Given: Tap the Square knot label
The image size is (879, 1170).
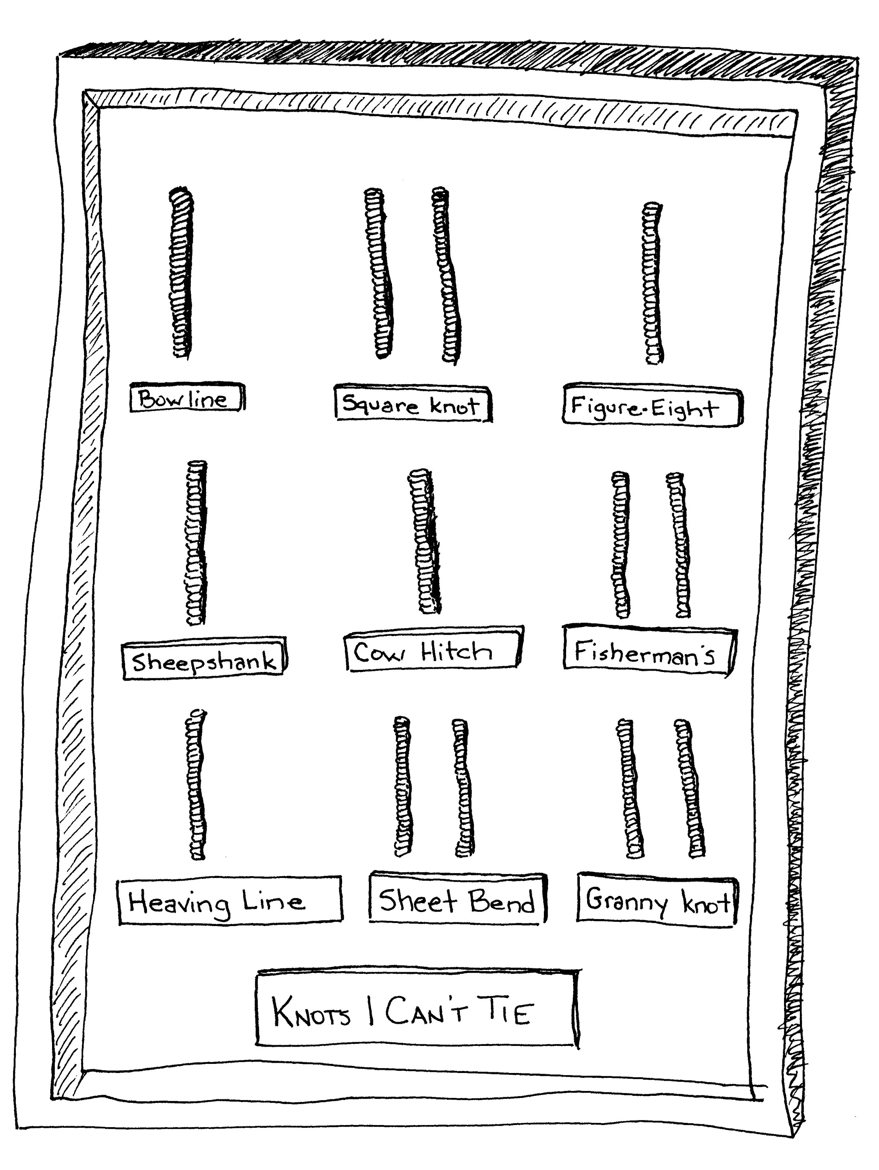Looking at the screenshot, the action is pyautogui.click(x=413, y=404).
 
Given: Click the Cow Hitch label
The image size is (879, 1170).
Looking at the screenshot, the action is pyautogui.click(x=431, y=651).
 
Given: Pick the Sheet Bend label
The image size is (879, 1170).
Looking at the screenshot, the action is pyautogui.click(x=457, y=900).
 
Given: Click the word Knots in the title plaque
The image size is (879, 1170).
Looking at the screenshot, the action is pyautogui.click(x=311, y=1013).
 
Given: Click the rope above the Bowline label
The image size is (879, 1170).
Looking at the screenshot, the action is pyautogui.click(x=181, y=272).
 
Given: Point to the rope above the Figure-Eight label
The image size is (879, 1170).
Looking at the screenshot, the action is pyautogui.click(x=653, y=283).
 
